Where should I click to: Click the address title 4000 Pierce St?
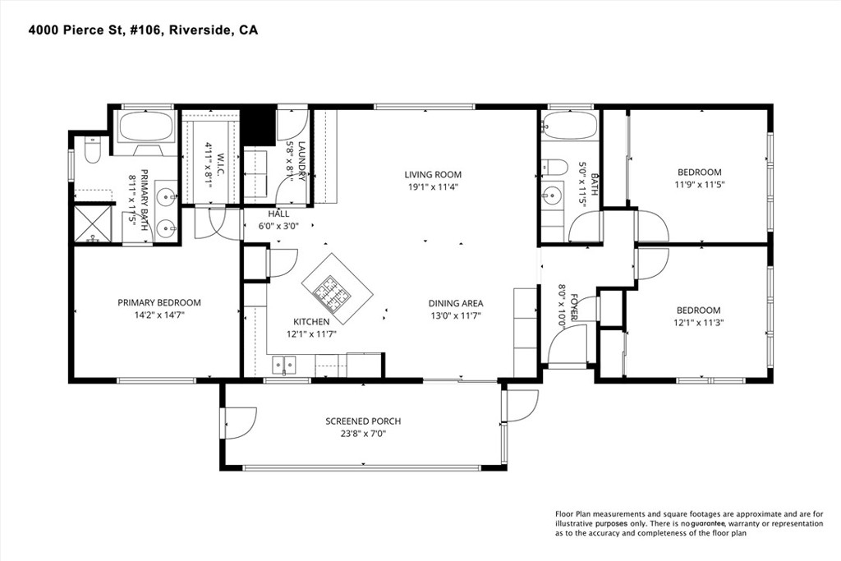[x=144, y=30]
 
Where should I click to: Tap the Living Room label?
[x=432, y=174]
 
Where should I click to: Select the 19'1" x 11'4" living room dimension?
[x=432, y=186]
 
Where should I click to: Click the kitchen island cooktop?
[x=338, y=289]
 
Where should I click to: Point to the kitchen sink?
[x=285, y=362]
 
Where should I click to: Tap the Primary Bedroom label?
[x=159, y=302]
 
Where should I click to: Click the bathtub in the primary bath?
[x=145, y=127]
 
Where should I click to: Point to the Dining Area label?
[x=455, y=302]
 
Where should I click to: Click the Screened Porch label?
[x=363, y=421]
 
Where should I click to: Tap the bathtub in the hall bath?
[x=569, y=127]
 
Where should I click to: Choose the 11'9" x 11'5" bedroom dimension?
[x=700, y=184]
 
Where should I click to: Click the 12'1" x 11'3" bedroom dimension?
[x=699, y=322]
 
